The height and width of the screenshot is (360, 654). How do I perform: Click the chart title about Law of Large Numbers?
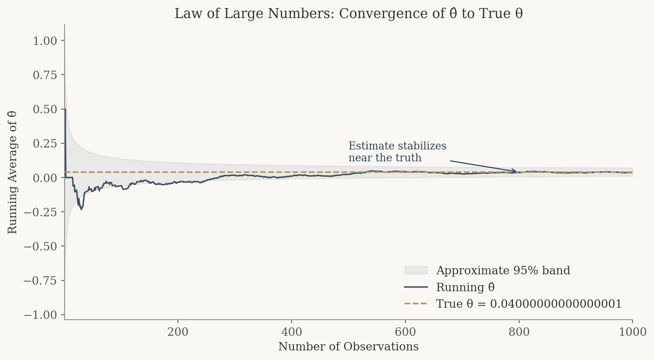click(349, 13)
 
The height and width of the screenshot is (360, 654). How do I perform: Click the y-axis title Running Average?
click(12, 173)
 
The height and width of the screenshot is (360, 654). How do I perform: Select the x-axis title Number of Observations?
click(348, 347)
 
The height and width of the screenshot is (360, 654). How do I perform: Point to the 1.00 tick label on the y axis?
click(45, 41)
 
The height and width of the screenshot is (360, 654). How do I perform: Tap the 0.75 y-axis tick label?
click(45, 75)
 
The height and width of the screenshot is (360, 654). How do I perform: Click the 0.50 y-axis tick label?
click(45, 109)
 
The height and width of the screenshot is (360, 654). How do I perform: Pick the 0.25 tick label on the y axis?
click(45, 144)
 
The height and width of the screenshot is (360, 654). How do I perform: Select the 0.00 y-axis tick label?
click(45, 178)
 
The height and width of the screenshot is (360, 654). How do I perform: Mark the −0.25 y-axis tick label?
click(40, 212)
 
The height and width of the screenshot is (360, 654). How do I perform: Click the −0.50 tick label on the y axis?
click(40, 246)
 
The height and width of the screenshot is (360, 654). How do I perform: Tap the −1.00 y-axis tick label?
click(40, 315)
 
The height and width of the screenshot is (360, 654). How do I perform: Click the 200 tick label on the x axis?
click(178, 332)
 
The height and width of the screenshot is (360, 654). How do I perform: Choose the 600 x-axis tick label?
click(405, 332)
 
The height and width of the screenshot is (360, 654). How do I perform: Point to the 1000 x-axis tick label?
click(632, 332)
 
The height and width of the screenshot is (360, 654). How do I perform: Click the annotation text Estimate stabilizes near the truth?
click(397, 152)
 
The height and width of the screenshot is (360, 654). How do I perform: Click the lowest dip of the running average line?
click(81, 209)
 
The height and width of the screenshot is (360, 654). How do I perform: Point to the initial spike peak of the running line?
click(65, 109)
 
